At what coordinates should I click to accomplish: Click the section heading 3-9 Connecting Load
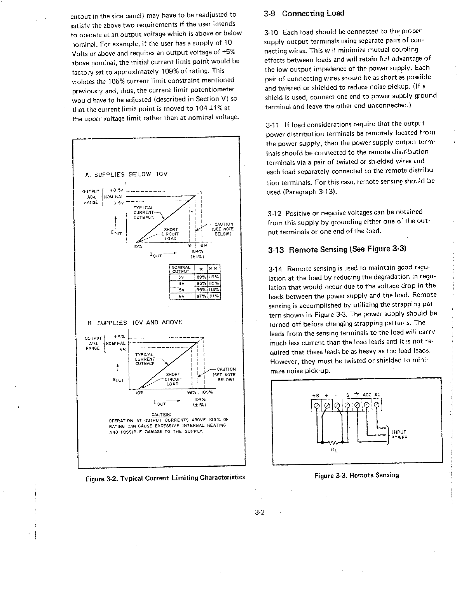coord(304,14)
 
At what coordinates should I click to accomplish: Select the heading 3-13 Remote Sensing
coord(337,249)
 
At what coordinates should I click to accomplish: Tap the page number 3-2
coord(260,513)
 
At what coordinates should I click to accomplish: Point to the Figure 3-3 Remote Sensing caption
coord(356,475)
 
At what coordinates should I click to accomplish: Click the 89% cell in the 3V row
coord(201,277)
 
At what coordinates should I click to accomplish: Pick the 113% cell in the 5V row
coord(215,289)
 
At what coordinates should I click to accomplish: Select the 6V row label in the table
coord(181,296)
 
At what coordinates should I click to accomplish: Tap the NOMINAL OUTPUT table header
coord(181,269)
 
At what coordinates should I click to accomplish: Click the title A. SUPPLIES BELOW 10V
coord(126,174)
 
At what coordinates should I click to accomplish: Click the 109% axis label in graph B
coord(206,392)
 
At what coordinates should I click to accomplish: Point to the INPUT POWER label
coord(399,434)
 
